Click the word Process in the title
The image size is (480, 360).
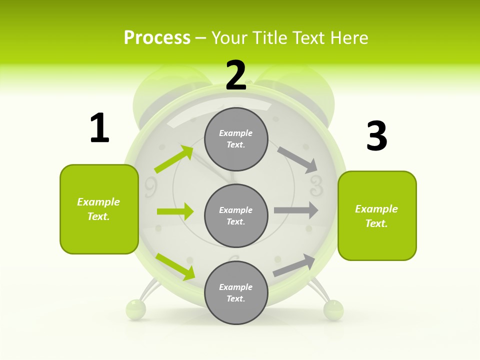point(157,37)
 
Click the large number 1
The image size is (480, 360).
point(99,128)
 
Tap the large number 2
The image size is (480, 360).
point(236,75)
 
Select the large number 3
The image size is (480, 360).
point(376,136)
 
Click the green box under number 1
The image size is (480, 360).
point(99,209)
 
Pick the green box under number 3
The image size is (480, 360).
point(377,215)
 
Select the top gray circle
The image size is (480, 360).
point(236,139)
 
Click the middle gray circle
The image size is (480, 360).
point(236,215)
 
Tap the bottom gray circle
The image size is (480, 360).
point(236,292)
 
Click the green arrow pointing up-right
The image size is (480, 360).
point(174,159)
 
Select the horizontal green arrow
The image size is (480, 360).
point(175,211)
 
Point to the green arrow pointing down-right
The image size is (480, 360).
point(175,266)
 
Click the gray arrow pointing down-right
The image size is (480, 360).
point(297,159)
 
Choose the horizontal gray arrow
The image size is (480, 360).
point(296,210)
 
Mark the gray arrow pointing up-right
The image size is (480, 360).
point(294,265)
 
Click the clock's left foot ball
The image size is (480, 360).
point(135,309)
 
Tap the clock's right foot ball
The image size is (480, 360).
point(333,309)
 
